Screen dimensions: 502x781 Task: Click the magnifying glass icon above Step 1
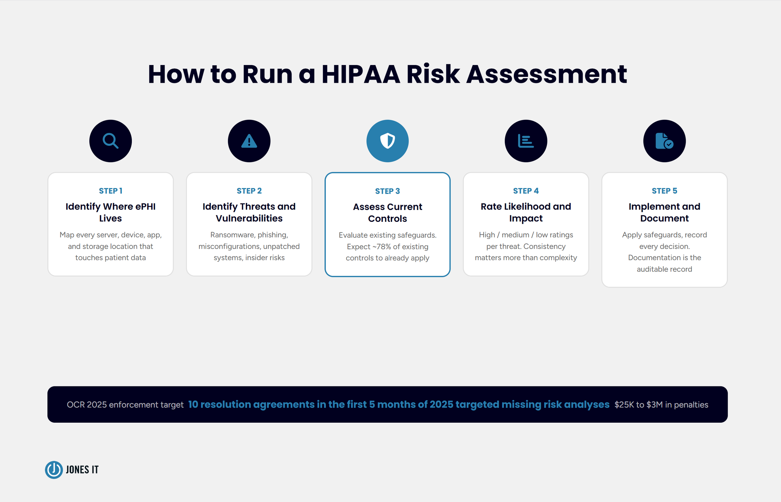pos(111,141)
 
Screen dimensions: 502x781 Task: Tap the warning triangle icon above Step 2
pos(249,141)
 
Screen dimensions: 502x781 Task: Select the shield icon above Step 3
pos(388,141)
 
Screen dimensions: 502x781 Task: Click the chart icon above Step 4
pos(526,141)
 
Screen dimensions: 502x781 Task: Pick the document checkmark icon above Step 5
pos(664,141)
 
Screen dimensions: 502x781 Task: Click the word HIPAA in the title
pos(361,74)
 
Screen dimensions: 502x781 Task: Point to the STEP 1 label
pos(111,191)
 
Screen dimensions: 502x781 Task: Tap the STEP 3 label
pos(388,191)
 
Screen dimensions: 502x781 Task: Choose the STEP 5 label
pos(664,191)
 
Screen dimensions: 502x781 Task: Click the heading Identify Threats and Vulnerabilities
pos(249,212)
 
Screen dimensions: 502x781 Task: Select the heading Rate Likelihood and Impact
pos(526,212)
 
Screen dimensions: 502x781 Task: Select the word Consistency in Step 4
pos(544,246)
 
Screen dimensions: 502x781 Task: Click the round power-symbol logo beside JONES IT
pos(54,470)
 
